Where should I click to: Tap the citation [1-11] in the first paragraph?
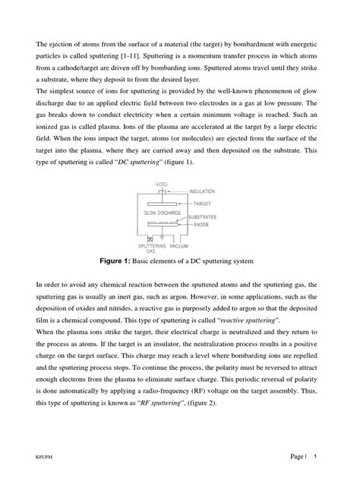pyautogui.click(x=170, y=54)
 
